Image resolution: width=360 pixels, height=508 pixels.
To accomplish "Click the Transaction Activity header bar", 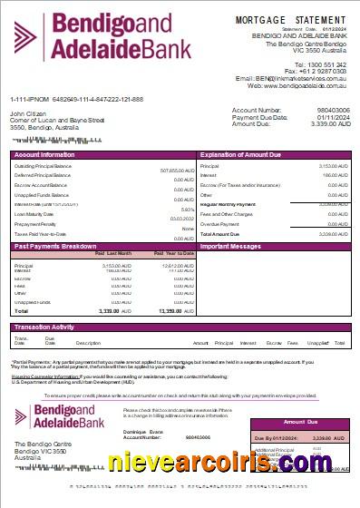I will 44,327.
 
